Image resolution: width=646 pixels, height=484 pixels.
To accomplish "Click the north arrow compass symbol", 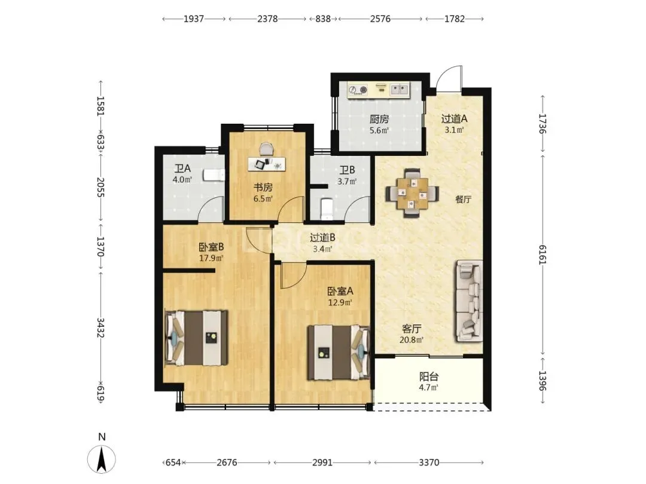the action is click(101, 458).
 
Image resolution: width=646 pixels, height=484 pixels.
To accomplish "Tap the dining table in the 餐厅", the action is click(412, 192).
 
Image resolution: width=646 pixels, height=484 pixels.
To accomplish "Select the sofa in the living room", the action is click(469, 301).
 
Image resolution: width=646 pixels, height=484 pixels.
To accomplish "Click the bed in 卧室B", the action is click(197, 338).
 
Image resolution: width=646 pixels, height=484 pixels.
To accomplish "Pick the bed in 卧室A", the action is click(339, 352).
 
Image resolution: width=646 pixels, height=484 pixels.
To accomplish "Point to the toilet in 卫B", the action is click(327, 209).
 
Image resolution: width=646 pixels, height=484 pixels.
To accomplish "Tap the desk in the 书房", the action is click(267, 163).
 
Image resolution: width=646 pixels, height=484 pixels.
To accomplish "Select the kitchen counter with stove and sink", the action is click(378, 90).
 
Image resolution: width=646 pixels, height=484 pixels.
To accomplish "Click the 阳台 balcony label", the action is click(429, 376).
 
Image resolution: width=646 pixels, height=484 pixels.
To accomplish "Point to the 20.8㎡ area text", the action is click(411, 340).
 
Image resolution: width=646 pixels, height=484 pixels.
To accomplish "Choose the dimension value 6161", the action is click(542, 255).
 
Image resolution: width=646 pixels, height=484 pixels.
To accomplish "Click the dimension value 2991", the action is click(322, 462).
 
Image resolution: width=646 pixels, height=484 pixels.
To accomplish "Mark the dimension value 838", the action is click(323, 19).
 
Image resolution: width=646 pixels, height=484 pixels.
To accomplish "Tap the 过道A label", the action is click(455, 119).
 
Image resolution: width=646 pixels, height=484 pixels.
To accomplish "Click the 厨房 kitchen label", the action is click(379, 120).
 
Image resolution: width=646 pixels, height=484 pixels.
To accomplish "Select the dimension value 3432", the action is click(100, 327).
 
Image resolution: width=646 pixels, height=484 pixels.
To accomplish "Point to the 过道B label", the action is click(322, 237).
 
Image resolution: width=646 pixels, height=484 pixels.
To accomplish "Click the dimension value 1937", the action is click(194, 19).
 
